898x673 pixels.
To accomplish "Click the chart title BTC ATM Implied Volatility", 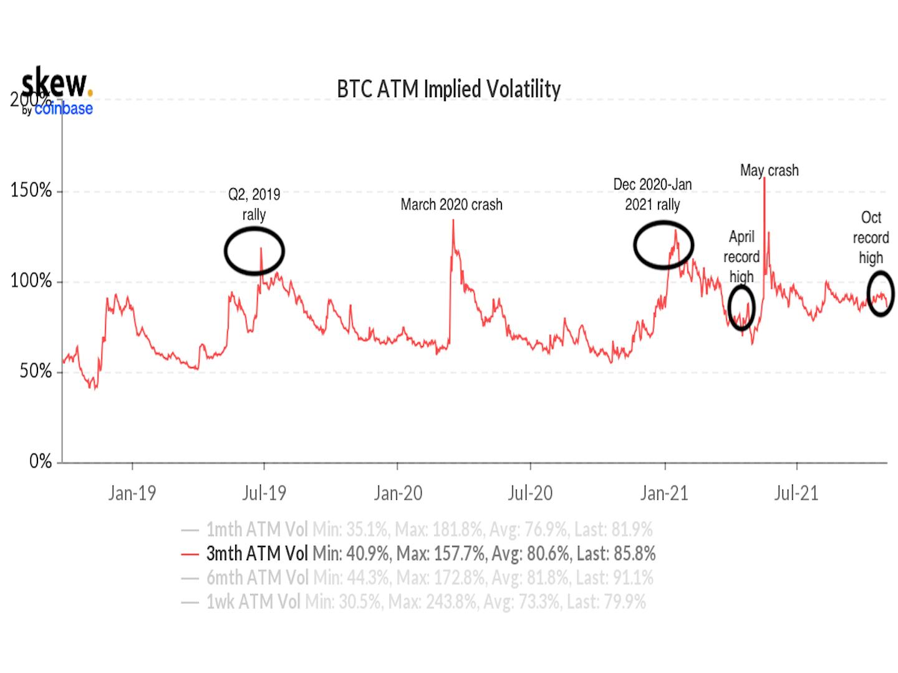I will pyautogui.click(x=448, y=89).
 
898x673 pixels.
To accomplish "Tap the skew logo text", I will pyautogui.click(x=55, y=84).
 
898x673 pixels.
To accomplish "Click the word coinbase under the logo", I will pyautogui.click(x=63, y=108).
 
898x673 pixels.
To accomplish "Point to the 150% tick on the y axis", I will pyautogui.click(x=31, y=191).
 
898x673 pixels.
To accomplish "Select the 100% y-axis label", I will pyautogui.click(x=31, y=281).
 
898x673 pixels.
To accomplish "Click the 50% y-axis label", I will pyautogui.click(x=36, y=371).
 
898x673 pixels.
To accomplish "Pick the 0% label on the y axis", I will pyautogui.click(x=41, y=461).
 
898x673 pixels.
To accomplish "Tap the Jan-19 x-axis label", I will pyautogui.click(x=132, y=494).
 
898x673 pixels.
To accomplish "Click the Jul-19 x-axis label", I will pyautogui.click(x=264, y=494).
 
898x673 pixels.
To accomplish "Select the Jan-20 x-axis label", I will pyautogui.click(x=398, y=494).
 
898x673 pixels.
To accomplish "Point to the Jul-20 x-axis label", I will pyautogui.click(x=530, y=494).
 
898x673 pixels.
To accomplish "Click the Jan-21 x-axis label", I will pyautogui.click(x=664, y=494).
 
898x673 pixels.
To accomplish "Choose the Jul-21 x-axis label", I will pyautogui.click(x=796, y=494).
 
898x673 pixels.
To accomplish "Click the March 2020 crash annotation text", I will pyautogui.click(x=451, y=204).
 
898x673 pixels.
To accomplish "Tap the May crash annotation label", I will pyautogui.click(x=769, y=170).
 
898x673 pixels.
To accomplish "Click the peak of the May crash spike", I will pyautogui.click(x=765, y=179).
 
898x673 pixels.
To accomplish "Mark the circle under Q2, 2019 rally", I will pyautogui.click(x=254, y=251).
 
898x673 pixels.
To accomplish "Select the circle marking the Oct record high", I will pyautogui.click(x=881, y=294).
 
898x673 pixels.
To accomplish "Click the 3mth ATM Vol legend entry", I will pyautogui.click(x=418, y=553).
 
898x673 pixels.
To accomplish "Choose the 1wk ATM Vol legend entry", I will pyautogui.click(x=413, y=602).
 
